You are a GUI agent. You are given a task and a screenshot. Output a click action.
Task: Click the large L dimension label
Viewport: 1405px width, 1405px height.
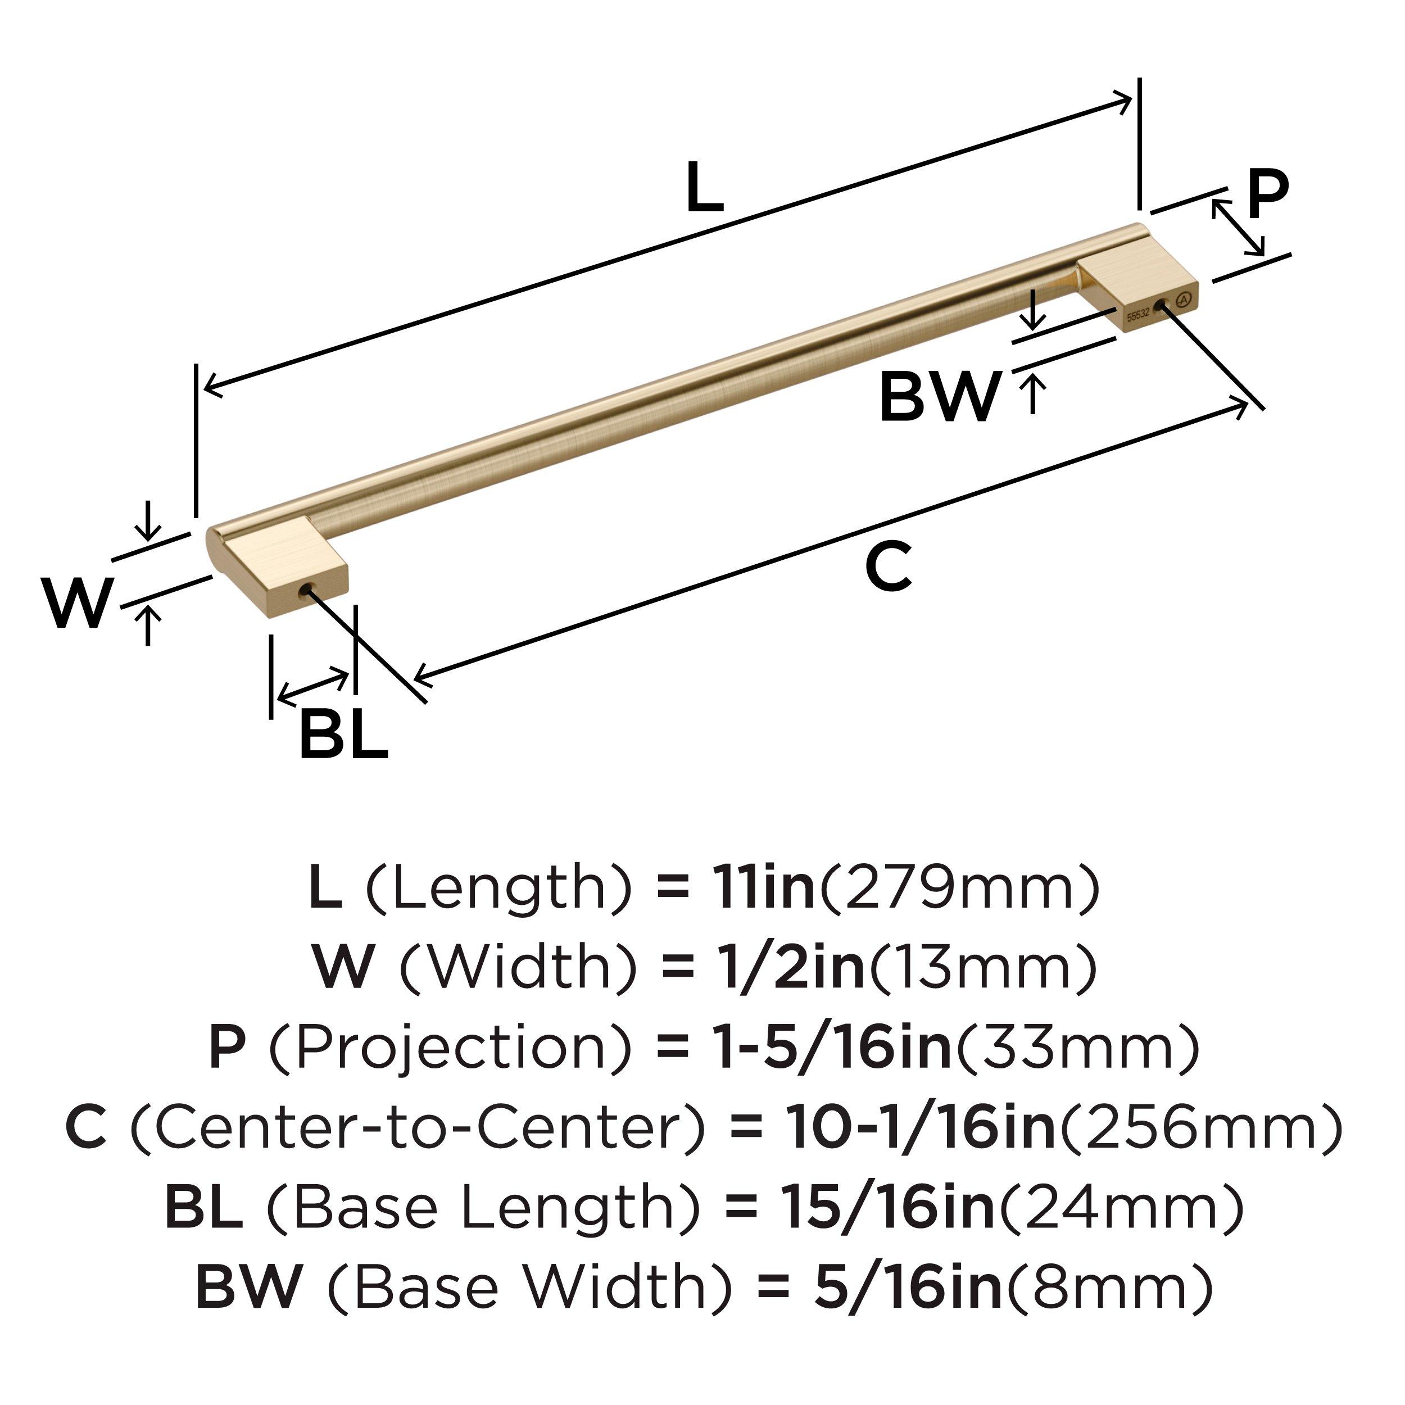click(704, 188)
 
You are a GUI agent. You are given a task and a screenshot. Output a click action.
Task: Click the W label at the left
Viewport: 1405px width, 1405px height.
click(77, 603)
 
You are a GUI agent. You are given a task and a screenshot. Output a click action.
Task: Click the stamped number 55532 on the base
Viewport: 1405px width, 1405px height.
click(1138, 316)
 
